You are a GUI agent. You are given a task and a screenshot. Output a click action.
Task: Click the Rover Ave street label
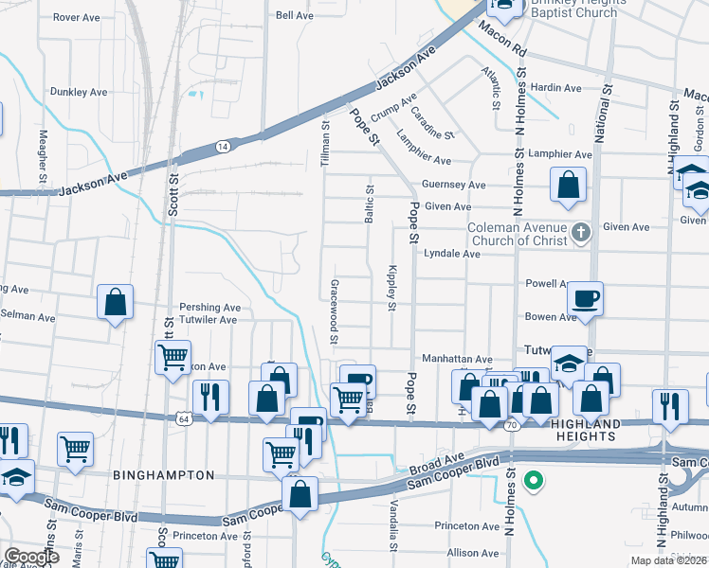[x=77, y=17]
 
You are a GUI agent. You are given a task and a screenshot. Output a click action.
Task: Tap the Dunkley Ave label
[x=80, y=92]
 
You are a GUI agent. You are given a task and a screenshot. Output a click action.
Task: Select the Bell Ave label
[x=294, y=15]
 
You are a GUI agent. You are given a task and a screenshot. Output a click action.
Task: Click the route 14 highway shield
[x=223, y=147]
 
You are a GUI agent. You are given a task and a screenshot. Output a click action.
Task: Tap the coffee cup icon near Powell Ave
[x=585, y=299]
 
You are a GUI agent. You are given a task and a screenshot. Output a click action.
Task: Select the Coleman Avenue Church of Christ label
[x=518, y=234]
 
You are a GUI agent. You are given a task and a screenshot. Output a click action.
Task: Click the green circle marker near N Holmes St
[x=534, y=480]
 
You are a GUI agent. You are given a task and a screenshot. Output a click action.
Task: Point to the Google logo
[x=32, y=556]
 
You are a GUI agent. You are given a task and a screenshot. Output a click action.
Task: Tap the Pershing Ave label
[x=210, y=308]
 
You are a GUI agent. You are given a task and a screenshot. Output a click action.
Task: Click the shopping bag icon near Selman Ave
[x=115, y=303]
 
